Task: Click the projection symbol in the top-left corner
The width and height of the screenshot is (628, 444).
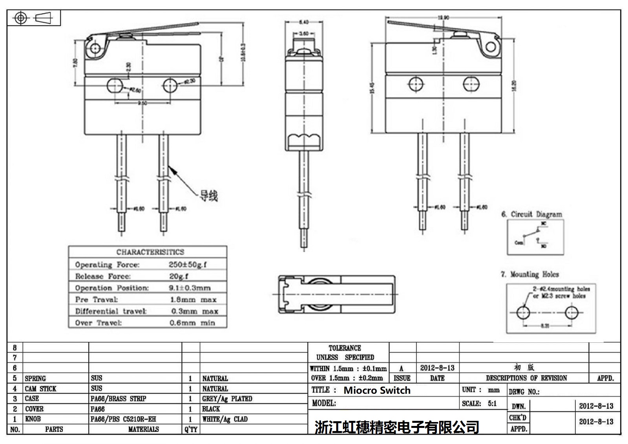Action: click(34, 18)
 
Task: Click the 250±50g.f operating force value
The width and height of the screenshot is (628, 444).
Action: click(188, 265)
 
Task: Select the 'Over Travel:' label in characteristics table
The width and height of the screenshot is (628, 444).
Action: click(99, 323)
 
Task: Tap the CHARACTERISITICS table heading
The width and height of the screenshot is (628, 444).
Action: click(150, 252)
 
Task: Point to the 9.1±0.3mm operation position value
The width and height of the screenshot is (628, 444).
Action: click(190, 288)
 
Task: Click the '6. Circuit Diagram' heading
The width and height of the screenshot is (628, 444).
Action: click(531, 214)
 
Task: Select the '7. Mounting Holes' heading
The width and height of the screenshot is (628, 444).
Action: click(529, 274)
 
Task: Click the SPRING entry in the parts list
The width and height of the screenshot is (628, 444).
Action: click(35, 378)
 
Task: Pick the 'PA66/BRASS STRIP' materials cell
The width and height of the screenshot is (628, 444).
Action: click(118, 399)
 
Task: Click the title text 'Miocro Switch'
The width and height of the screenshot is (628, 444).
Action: click(377, 390)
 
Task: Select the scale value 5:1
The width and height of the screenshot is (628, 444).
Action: click(492, 403)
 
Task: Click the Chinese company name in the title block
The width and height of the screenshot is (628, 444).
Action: click(397, 427)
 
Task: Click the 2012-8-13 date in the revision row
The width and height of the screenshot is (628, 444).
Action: click(437, 368)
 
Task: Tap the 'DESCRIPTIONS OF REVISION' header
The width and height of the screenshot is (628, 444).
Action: click(526, 378)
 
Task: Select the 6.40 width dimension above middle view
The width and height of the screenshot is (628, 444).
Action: click(304, 22)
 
